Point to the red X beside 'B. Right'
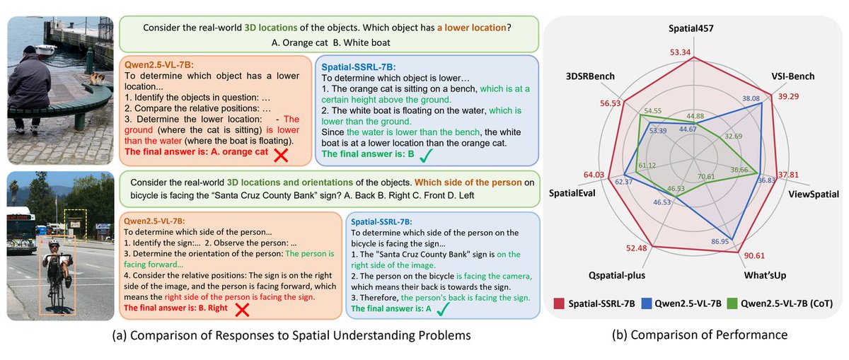pyautogui.click(x=243, y=308)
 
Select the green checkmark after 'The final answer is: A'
pyautogui.click(x=443, y=309)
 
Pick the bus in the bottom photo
pyautogui.click(x=19, y=227)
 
